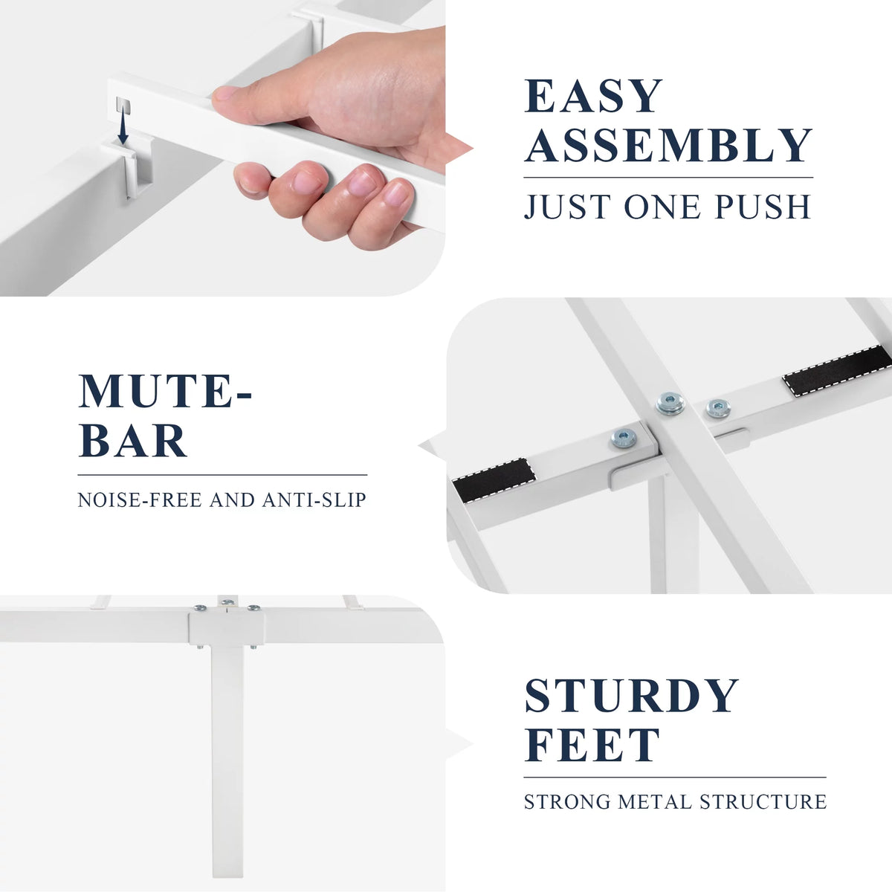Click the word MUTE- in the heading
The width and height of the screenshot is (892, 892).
click(x=165, y=391)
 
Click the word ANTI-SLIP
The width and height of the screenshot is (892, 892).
click(x=314, y=500)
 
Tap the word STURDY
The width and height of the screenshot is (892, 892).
click(x=631, y=696)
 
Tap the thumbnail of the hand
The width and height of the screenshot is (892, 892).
click(x=224, y=93)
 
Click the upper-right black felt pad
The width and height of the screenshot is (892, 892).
click(x=837, y=370)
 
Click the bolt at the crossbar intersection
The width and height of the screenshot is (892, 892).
click(x=670, y=403)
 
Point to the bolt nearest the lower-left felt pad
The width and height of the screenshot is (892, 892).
click(x=624, y=438)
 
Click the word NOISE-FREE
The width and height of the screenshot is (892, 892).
click(x=140, y=500)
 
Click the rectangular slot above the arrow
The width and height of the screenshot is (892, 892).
click(x=123, y=106)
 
